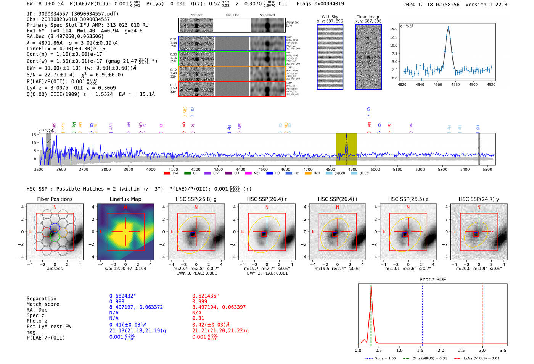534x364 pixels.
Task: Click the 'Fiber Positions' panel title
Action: tap(55, 199)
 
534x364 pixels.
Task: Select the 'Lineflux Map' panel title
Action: tap(125, 199)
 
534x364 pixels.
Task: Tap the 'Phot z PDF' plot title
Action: tap(432, 280)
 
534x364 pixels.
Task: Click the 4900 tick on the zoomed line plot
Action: tap(473, 84)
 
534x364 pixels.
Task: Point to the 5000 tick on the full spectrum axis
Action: tap(375, 169)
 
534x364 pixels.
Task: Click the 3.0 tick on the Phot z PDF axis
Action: tap(482, 350)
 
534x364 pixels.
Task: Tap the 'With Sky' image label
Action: tap(330, 17)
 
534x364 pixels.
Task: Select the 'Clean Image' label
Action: tap(368, 17)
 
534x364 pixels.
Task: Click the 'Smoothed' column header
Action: tap(267, 15)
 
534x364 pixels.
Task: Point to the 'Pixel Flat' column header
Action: tap(232, 15)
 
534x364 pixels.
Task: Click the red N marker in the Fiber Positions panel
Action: tap(55, 207)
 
